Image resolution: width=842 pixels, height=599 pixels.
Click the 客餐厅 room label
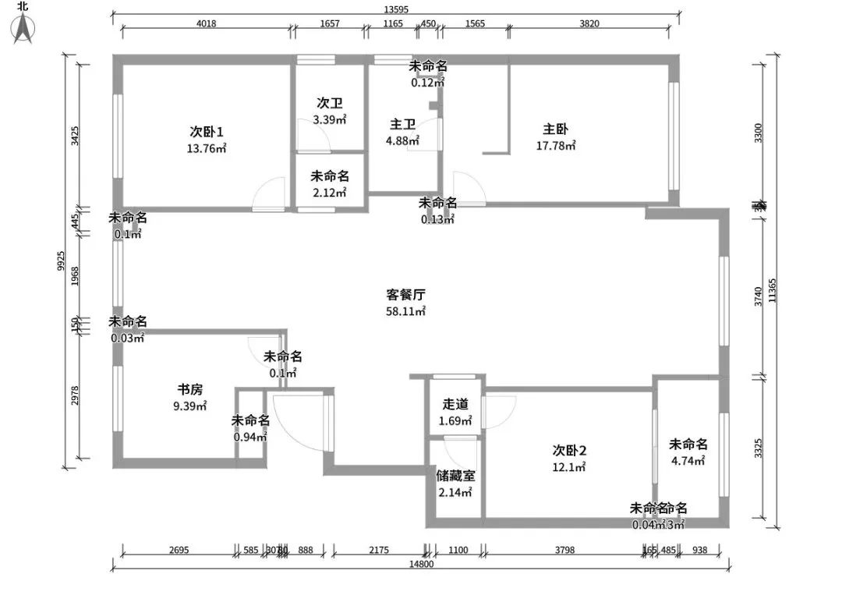click(x=405, y=295)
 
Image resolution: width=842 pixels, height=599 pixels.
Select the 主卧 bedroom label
click(x=555, y=129)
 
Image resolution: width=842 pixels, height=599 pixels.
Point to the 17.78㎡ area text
click(x=556, y=146)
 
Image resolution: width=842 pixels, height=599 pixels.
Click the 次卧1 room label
click(x=207, y=131)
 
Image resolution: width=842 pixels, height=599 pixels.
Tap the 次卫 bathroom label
click(x=329, y=103)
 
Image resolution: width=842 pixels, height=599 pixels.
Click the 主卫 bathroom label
click(x=402, y=124)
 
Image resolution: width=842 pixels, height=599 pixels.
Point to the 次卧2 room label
click(x=569, y=450)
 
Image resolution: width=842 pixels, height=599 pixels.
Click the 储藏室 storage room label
click(x=456, y=475)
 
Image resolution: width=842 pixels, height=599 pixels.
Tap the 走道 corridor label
click(x=456, y=404)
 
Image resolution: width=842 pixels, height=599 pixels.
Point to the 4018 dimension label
click(x=206, y=23)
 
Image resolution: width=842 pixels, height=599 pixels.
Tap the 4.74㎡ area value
click(x=688, y=461)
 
